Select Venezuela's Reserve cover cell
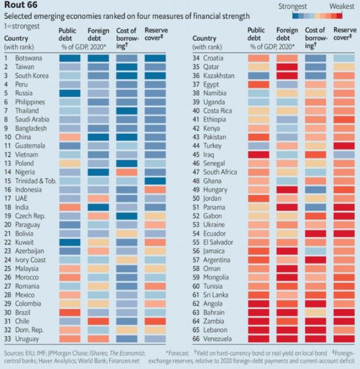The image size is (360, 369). pos(344,338)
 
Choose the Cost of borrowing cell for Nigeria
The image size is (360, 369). pos(127,173)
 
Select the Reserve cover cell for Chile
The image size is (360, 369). pos(155,321)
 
